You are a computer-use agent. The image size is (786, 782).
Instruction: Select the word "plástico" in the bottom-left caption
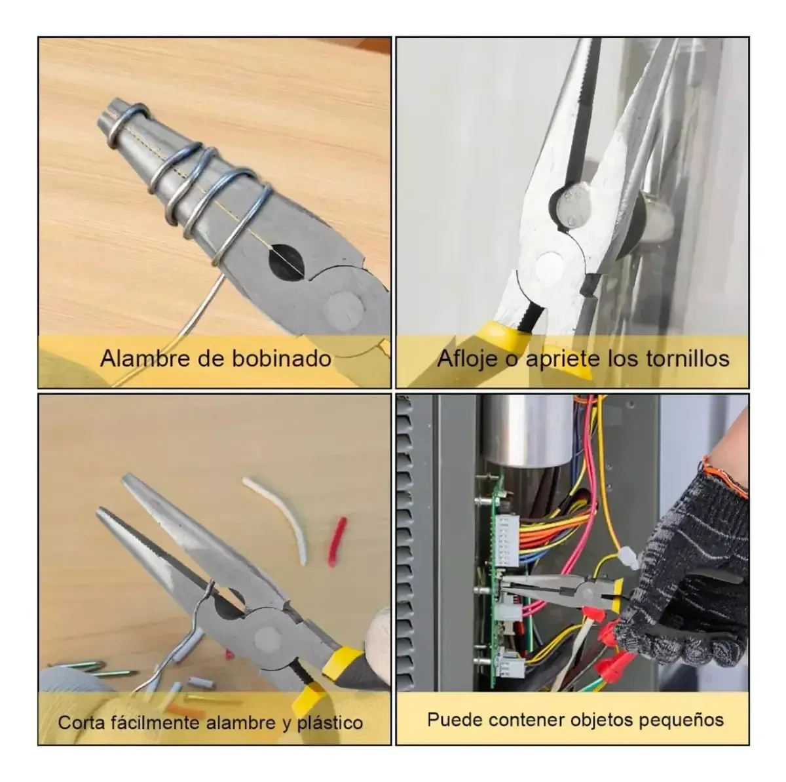pyautogui.click(x=329, y=722)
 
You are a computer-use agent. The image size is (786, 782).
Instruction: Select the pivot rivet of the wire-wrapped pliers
pyautogui.click(x=345, y=307)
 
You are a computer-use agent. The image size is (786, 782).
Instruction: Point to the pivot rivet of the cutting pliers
pyautogui.click(x=265, y=635)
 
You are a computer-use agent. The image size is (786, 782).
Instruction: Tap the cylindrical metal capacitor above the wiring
pyautogui.click(x=524, y=429)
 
